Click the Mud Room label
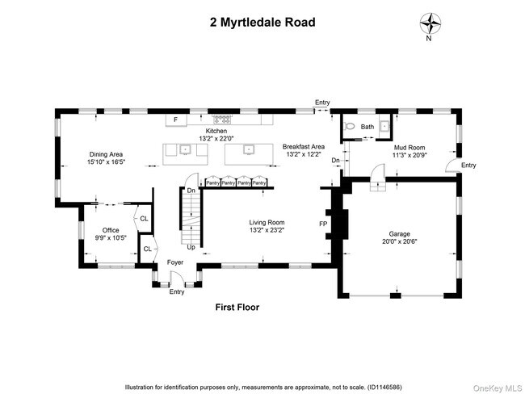(409, 147)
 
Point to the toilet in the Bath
(350, 127)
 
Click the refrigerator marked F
(172, 121)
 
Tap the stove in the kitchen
(217, 121)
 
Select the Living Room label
(267, 222)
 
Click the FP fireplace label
(323, 223)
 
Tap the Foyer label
(175, 262)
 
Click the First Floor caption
(237, 308)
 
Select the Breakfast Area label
(303, 146)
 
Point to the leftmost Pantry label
(213, 183)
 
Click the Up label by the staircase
(191, 247)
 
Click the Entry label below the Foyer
(176, 291)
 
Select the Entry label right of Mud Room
(468, 165)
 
